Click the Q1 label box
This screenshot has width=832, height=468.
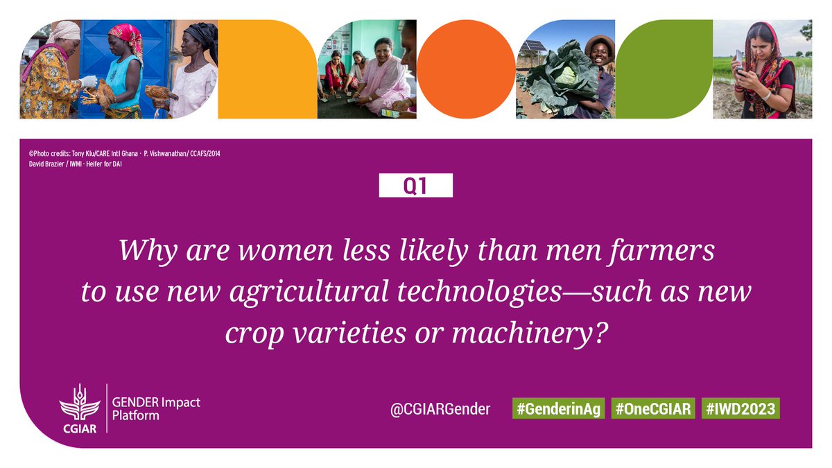[x=415, y=186]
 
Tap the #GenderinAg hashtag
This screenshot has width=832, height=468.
[x=557, y=409]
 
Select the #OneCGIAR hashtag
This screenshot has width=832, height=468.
[x=653, y=409]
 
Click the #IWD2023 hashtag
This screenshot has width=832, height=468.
[x=740, y=409]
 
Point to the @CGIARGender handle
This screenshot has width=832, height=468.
[x=440, y=409]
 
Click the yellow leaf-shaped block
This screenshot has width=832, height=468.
[x=258, y=69]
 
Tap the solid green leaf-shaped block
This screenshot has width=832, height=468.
[x=663, y=69]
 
